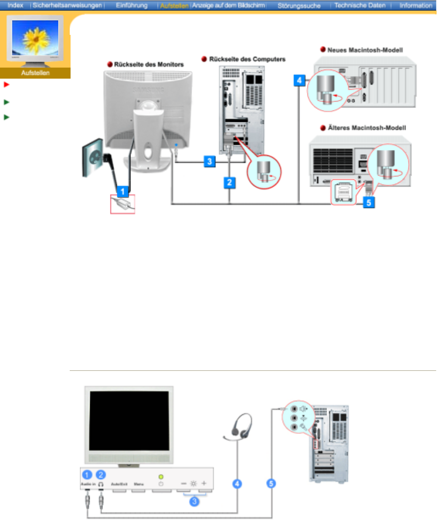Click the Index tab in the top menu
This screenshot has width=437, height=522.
pos(15,6)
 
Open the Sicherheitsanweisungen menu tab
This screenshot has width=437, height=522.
pos(68,6)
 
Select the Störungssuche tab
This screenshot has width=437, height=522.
pos(299,6)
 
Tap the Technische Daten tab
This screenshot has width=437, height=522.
pos(360,6)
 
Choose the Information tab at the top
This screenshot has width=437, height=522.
pos(415,6)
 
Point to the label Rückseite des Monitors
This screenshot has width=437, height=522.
pos(149,65)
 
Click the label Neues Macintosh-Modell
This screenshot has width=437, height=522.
pos(365,50)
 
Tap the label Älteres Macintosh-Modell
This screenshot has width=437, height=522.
pos(366,128)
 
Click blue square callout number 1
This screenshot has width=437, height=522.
pos(123,192)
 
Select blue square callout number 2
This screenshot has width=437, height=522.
pos(230,182)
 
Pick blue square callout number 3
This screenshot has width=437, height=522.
pos(209,162)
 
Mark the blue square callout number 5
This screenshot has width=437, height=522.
pos(369,202)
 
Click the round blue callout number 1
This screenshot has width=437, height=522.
pos(87,475)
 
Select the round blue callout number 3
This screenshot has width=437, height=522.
pos(194,501)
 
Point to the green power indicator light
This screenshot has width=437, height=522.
pos(161,477)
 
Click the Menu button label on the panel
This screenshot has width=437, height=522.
pos(139,484)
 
